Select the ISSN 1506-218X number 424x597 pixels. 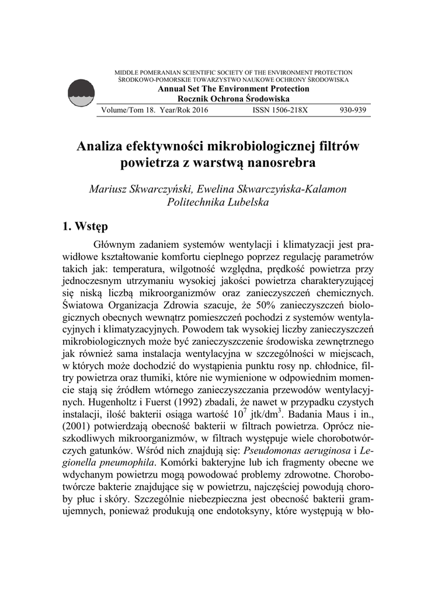click(x=280, y=110)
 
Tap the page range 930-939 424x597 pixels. click(x=353, y=110)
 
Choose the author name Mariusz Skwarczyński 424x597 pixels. click(x=140, y=189)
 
